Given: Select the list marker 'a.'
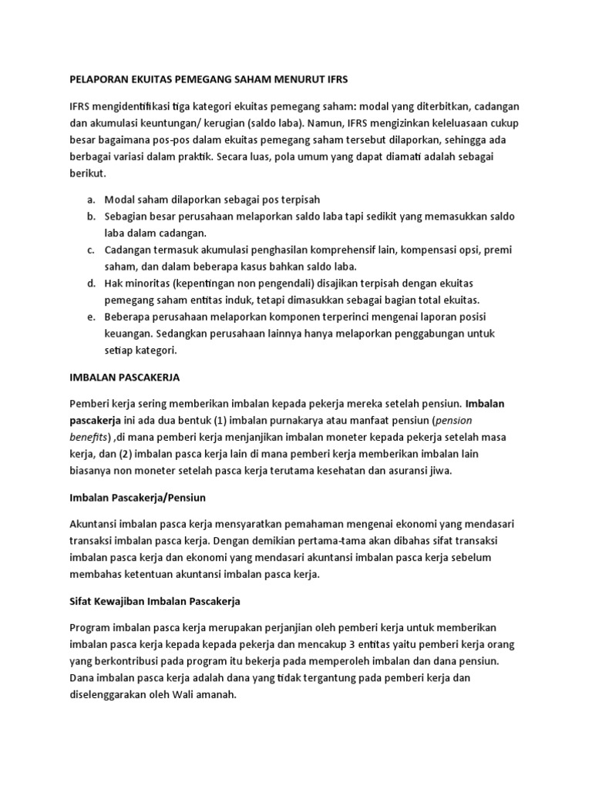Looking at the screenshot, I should click(x=91, y=200).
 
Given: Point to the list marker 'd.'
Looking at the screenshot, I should click(x=91, y=284).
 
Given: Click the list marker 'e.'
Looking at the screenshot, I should click(x=91, y=317).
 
